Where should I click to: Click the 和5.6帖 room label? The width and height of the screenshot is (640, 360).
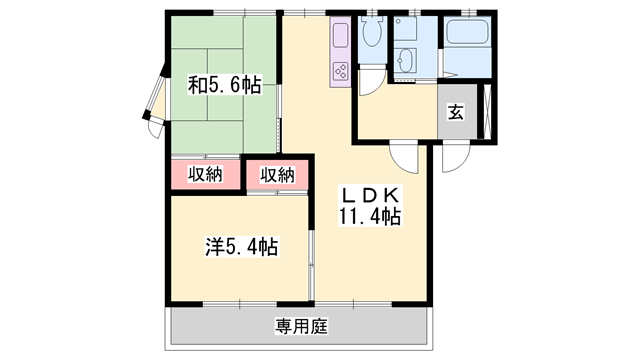coord(224,85)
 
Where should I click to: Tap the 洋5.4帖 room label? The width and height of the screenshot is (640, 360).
coord(242,247)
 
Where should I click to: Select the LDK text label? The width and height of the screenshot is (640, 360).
coord(370,196)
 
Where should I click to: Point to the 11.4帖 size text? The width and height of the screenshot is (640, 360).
coord(370,217)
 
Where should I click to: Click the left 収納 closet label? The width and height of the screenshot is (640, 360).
coord(205,174)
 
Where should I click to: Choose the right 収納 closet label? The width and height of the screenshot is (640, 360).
coord(278,175)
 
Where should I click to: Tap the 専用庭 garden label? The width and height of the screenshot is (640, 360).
coord(301,327)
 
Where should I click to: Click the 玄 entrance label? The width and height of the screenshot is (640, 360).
coord(456,112)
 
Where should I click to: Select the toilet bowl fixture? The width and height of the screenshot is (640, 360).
coord(372,31)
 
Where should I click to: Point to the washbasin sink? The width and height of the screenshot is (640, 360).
coord(405,60)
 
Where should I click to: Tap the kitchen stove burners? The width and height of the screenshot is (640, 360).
coord(341,71)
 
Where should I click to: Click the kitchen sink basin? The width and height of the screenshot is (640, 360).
coord(341,35)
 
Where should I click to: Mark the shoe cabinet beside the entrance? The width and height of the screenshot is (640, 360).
coord(487,111)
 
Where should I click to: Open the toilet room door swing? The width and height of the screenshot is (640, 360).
coord(372,82)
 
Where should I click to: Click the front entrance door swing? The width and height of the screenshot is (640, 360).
coord(456,158)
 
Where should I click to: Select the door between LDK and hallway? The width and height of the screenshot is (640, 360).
coord(404,157)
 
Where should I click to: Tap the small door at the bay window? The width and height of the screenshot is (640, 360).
coord(156,128)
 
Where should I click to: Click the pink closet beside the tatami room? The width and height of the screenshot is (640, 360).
coord(205,175)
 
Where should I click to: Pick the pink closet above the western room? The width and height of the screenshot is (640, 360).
coord(278,175)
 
